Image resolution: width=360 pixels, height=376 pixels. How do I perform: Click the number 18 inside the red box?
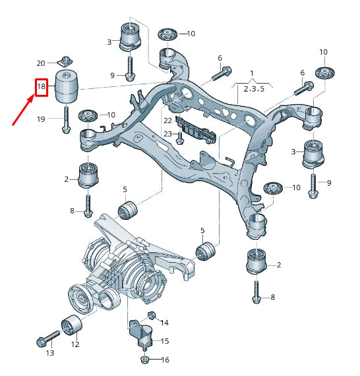[41, 86]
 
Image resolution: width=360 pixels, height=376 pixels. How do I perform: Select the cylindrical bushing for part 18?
[66, 86]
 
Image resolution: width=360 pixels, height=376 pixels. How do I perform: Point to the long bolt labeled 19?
[66, 119]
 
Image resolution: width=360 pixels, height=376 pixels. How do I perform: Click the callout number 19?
[41, 119]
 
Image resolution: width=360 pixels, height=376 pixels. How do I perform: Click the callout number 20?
[41, 63]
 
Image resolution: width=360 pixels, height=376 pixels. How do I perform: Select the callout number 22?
[167, 121]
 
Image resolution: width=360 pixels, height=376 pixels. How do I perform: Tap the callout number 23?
[167, 134]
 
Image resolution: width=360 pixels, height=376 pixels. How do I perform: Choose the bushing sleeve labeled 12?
[71, 325]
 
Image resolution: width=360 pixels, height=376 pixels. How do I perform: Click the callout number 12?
[75, 344]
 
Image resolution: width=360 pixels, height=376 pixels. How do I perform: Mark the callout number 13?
[49, 354]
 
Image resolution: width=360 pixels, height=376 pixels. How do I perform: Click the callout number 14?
[164, 323]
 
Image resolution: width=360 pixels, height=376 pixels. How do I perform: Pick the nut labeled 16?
[144, 360]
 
